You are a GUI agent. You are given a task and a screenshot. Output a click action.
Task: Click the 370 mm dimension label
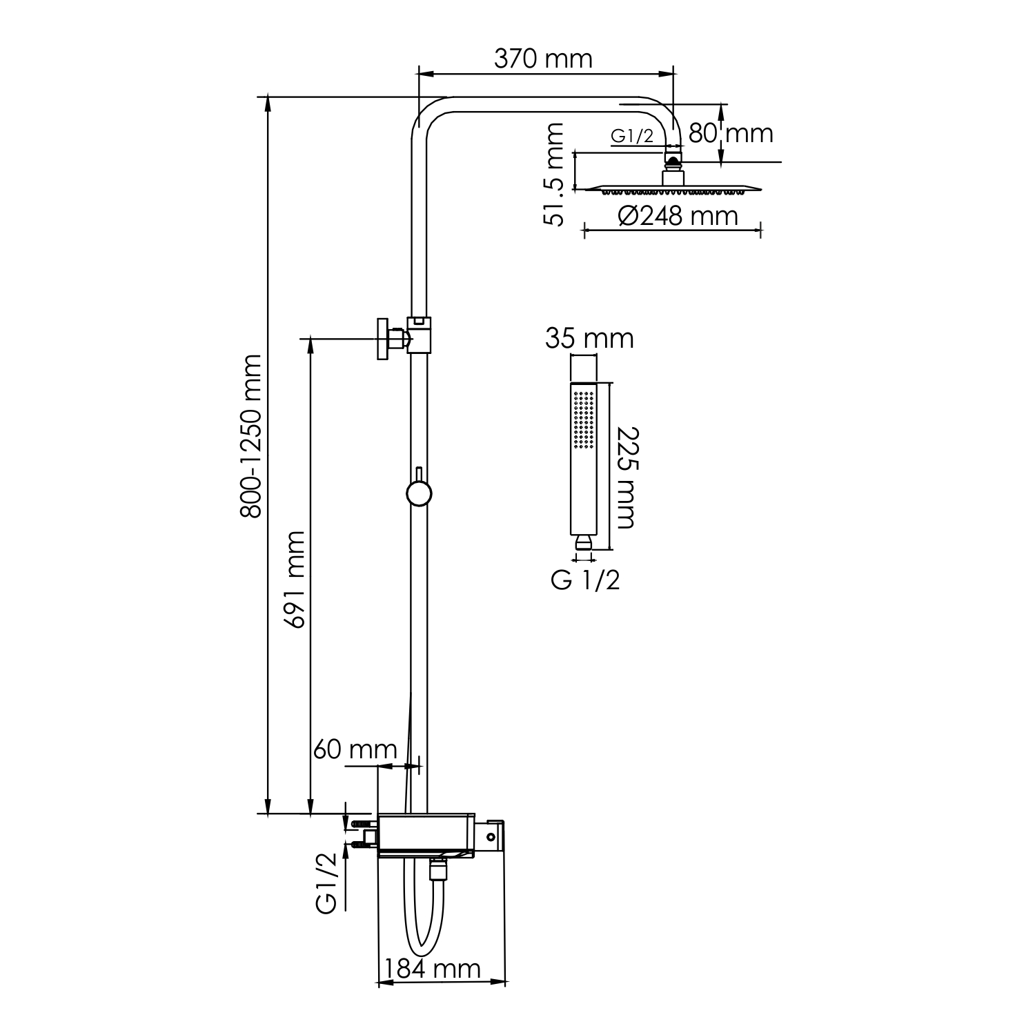click(543, 59)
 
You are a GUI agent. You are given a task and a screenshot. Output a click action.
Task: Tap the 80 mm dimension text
click(730, 132)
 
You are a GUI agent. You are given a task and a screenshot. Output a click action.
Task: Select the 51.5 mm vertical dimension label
click(554, 174)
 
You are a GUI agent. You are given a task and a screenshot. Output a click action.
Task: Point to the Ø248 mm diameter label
click(678, 216)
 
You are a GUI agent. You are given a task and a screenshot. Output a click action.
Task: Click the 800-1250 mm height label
click(250, 436)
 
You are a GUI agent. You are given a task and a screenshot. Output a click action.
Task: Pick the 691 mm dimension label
click(295, 580)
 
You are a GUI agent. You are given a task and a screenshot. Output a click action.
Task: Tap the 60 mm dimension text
click(355, 749)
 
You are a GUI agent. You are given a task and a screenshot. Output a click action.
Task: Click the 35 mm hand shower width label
click(589, 338)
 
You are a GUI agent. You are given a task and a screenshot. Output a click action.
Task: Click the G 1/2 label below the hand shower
click(585, 580)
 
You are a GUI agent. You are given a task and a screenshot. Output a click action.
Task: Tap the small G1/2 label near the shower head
click(632, 136)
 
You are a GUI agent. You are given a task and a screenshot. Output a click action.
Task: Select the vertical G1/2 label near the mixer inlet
click(328, 883)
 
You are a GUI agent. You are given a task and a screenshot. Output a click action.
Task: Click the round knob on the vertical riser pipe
click(418, 494)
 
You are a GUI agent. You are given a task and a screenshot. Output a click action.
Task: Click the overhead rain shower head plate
click(673, 188)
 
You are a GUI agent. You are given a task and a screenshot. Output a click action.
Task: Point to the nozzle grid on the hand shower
click(583, 417)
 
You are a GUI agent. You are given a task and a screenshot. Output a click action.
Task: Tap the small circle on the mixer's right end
click(491, 836)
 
